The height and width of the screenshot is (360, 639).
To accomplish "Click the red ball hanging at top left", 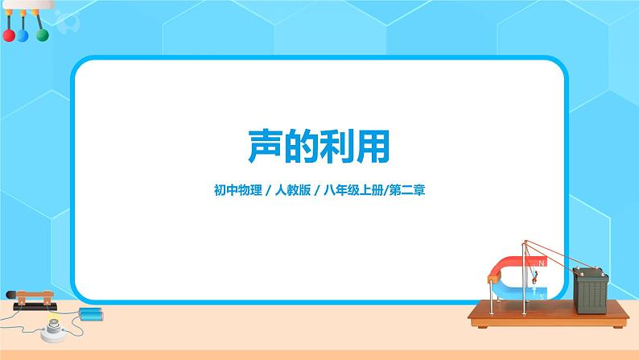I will (9, 35).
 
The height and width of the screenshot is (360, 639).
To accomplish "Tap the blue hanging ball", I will (24, 36).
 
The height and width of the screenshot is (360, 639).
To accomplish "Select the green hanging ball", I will (41, 35).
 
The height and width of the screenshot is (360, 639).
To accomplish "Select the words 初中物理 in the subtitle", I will (233, 192).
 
